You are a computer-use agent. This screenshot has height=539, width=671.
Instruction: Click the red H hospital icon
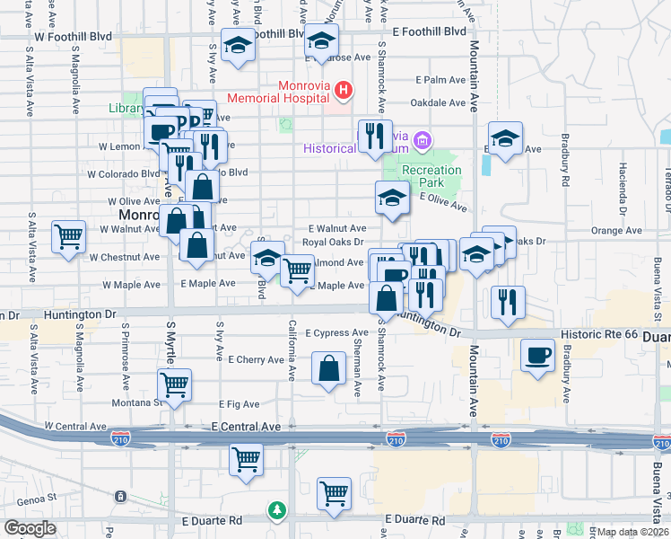click(342, 90)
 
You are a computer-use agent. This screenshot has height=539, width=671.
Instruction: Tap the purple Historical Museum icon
click(423, 141)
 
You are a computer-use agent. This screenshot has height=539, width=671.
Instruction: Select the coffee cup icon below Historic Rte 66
click(537, 354)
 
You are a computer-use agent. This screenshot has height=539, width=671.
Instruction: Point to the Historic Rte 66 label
click(599, 334)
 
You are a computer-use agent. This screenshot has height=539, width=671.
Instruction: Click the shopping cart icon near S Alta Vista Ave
click(68, 237)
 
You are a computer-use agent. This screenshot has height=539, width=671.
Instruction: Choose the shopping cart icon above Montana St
click(174, 384)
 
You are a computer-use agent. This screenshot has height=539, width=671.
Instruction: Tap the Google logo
click(30, 528)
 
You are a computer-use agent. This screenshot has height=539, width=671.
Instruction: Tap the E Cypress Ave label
click(336, 333)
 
